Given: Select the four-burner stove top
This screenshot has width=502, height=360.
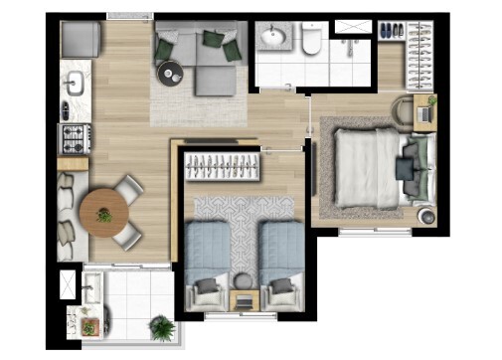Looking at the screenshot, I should (75, 136).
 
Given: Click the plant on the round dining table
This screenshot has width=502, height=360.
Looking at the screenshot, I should (103, 214).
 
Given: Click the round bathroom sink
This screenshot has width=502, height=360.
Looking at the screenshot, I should (272, 39).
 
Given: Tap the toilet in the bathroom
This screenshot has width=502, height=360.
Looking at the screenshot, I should (311, 41).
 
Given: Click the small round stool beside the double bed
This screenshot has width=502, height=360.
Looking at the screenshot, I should (426, 214).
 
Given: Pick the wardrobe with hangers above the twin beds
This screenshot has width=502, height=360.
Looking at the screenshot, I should (224, 163).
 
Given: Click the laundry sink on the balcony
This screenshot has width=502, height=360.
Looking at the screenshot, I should (91, 289).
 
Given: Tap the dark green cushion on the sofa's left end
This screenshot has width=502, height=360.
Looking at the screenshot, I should (165, 45).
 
